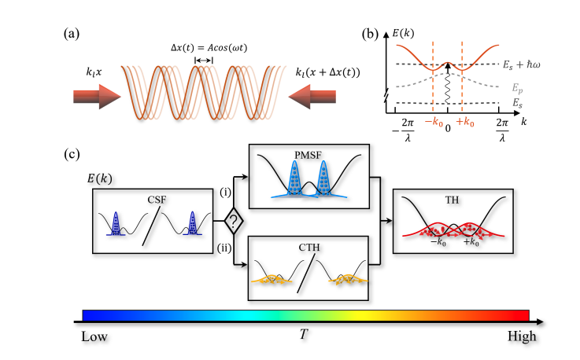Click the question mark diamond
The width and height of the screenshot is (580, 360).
(x=232, y=222)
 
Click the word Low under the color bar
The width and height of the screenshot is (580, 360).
(x=95, y=336)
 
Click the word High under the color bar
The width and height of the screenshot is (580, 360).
(x=521, y=336)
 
